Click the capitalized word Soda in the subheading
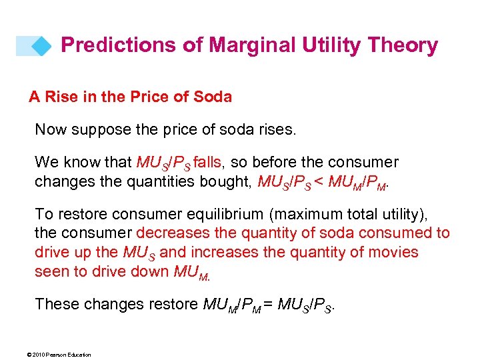pyautogui.click(x=213, y=97)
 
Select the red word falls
pyautogui.click(x=209, y=162)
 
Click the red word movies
pyautogui.click(x=393, y=253)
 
